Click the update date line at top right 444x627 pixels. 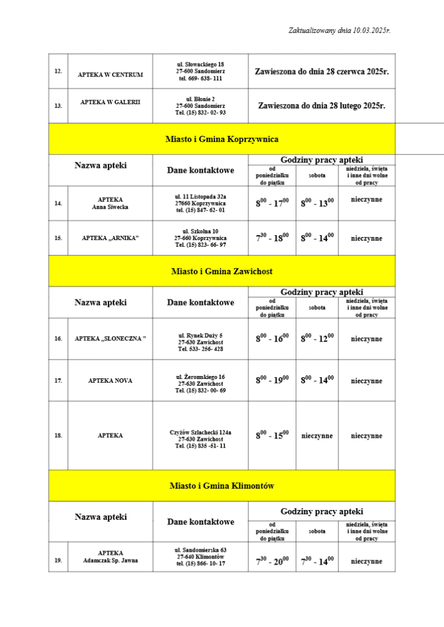click(339, 30)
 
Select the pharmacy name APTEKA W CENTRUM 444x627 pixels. click(110, 75)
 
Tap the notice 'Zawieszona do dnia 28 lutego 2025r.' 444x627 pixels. click(321, 105)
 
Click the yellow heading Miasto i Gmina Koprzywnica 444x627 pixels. click(222, 139)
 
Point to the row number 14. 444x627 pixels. click(58, 203)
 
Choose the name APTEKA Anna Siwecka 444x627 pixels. click(110, 203)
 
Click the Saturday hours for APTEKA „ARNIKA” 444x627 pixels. click(316, 238)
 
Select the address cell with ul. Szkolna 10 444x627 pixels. click(201, 238)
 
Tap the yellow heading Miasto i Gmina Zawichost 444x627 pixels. click(222, 271)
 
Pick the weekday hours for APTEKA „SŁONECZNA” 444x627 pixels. click(272, 339)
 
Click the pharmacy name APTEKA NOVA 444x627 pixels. click(110, 381)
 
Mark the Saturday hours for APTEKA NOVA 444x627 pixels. click(316, 381)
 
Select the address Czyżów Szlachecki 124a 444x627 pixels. click(201, 436)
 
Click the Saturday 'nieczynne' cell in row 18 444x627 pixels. click(316, 436)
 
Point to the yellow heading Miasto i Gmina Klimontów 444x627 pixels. click(222, 486)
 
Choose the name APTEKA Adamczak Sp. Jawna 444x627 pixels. click(110, 557)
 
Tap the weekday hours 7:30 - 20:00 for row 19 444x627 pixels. click(272, 561)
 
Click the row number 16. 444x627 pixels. click(58, 339)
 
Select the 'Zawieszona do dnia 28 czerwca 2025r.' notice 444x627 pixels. click(321, 72)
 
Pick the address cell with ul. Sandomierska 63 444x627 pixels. click(201, 557)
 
